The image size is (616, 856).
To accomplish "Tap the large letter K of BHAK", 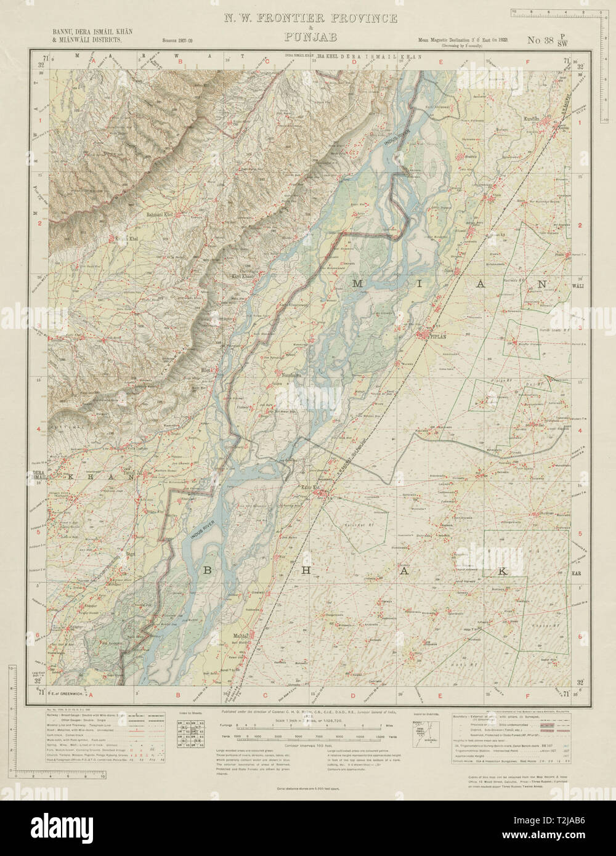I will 502,572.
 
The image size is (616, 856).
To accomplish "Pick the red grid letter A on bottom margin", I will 91,695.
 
